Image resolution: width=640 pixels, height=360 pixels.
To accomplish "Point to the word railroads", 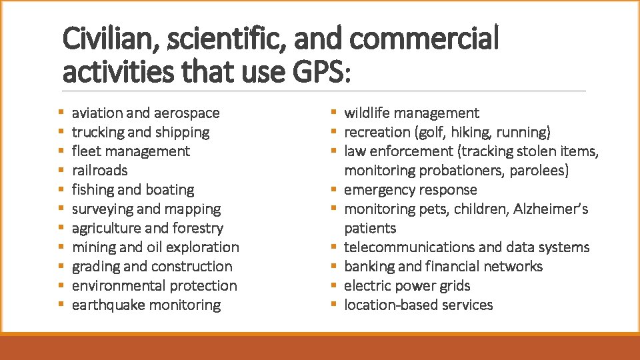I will [99, 171].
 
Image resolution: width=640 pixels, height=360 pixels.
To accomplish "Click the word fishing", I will [93, 190].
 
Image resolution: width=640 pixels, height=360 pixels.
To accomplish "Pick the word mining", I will [93, 247].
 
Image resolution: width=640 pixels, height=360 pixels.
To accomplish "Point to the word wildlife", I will [367, 113].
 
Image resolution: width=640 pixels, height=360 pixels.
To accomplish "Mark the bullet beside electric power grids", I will [334, 286].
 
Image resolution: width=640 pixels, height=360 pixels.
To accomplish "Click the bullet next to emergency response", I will [334, 190].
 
